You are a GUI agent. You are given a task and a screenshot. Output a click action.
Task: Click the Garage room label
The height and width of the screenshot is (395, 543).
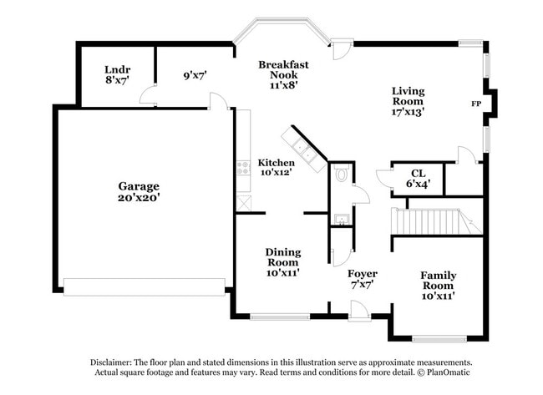pyautogui.click(x=139, y=186)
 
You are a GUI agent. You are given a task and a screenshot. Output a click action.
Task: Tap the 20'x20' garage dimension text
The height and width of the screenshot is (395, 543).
pyautogui.click(x=139, y=198)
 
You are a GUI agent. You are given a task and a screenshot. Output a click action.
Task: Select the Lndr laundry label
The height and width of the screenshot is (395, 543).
pyautogui.click(x=118, y=69)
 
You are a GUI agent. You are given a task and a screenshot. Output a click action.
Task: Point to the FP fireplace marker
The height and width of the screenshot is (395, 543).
pyautogui.click(x=476, y=104)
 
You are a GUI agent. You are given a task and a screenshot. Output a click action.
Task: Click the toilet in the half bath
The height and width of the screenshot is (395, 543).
pyautogui.click(x=342, y=174)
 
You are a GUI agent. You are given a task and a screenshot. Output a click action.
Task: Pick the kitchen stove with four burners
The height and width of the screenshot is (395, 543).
pyautogui.click(x=243, y=168)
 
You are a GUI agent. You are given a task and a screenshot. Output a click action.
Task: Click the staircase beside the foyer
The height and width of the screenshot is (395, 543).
pyautogui.click(x=436, y=221)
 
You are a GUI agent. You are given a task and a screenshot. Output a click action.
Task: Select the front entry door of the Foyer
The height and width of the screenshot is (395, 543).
pyautogui.click(x=359, y=311)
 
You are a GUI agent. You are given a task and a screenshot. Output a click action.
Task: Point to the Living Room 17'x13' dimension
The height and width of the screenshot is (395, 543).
pyautogui.click(x=408, y=112)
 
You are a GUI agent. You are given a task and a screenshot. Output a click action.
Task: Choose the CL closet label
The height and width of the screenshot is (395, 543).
pyautogui.click(x=419, y=173)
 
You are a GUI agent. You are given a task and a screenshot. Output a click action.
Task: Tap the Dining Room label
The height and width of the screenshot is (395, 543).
pyautogui.click(x=283, y=257)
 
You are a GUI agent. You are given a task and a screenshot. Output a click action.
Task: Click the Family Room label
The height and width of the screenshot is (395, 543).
pyautogui.click(x=438, y=281)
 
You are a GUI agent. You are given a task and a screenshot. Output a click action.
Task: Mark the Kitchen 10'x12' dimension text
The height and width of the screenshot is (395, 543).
pyautogui.click(x=276, y=172)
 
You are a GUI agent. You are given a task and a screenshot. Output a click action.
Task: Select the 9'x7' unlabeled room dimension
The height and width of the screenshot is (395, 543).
pyautogui.click(x=195, y=75)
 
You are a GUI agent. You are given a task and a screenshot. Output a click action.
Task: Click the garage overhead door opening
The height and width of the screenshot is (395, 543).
pyautogui.click(x=145, y=287)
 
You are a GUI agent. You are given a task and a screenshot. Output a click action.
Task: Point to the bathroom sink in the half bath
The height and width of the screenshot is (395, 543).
pyautogui.click(x=343, y=219)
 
